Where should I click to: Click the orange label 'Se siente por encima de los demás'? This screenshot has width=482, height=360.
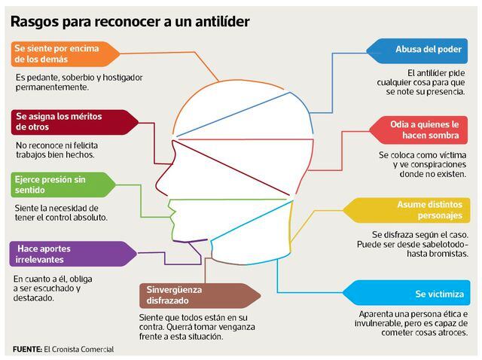(66, 53)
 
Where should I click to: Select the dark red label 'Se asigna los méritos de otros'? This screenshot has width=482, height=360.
(75, 122)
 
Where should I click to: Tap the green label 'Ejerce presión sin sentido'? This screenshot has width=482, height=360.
(63, 185)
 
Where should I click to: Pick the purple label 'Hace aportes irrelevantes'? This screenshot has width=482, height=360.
(73, 254)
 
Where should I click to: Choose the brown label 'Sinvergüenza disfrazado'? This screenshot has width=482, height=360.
(200, 295)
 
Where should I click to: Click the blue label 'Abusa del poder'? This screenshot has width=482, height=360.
(417, 51)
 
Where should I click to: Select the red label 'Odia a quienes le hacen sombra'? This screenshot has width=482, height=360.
(419, 130)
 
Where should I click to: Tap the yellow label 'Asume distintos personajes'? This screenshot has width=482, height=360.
(407, 210)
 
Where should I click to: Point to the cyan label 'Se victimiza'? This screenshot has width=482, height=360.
(407, 293)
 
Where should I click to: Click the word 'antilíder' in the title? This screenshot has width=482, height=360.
(223, 22)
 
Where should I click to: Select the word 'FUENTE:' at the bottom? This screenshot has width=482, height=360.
(27, 349)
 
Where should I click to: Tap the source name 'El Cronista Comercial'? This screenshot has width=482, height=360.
(78, 349)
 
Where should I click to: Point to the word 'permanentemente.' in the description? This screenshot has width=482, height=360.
(52, 87)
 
